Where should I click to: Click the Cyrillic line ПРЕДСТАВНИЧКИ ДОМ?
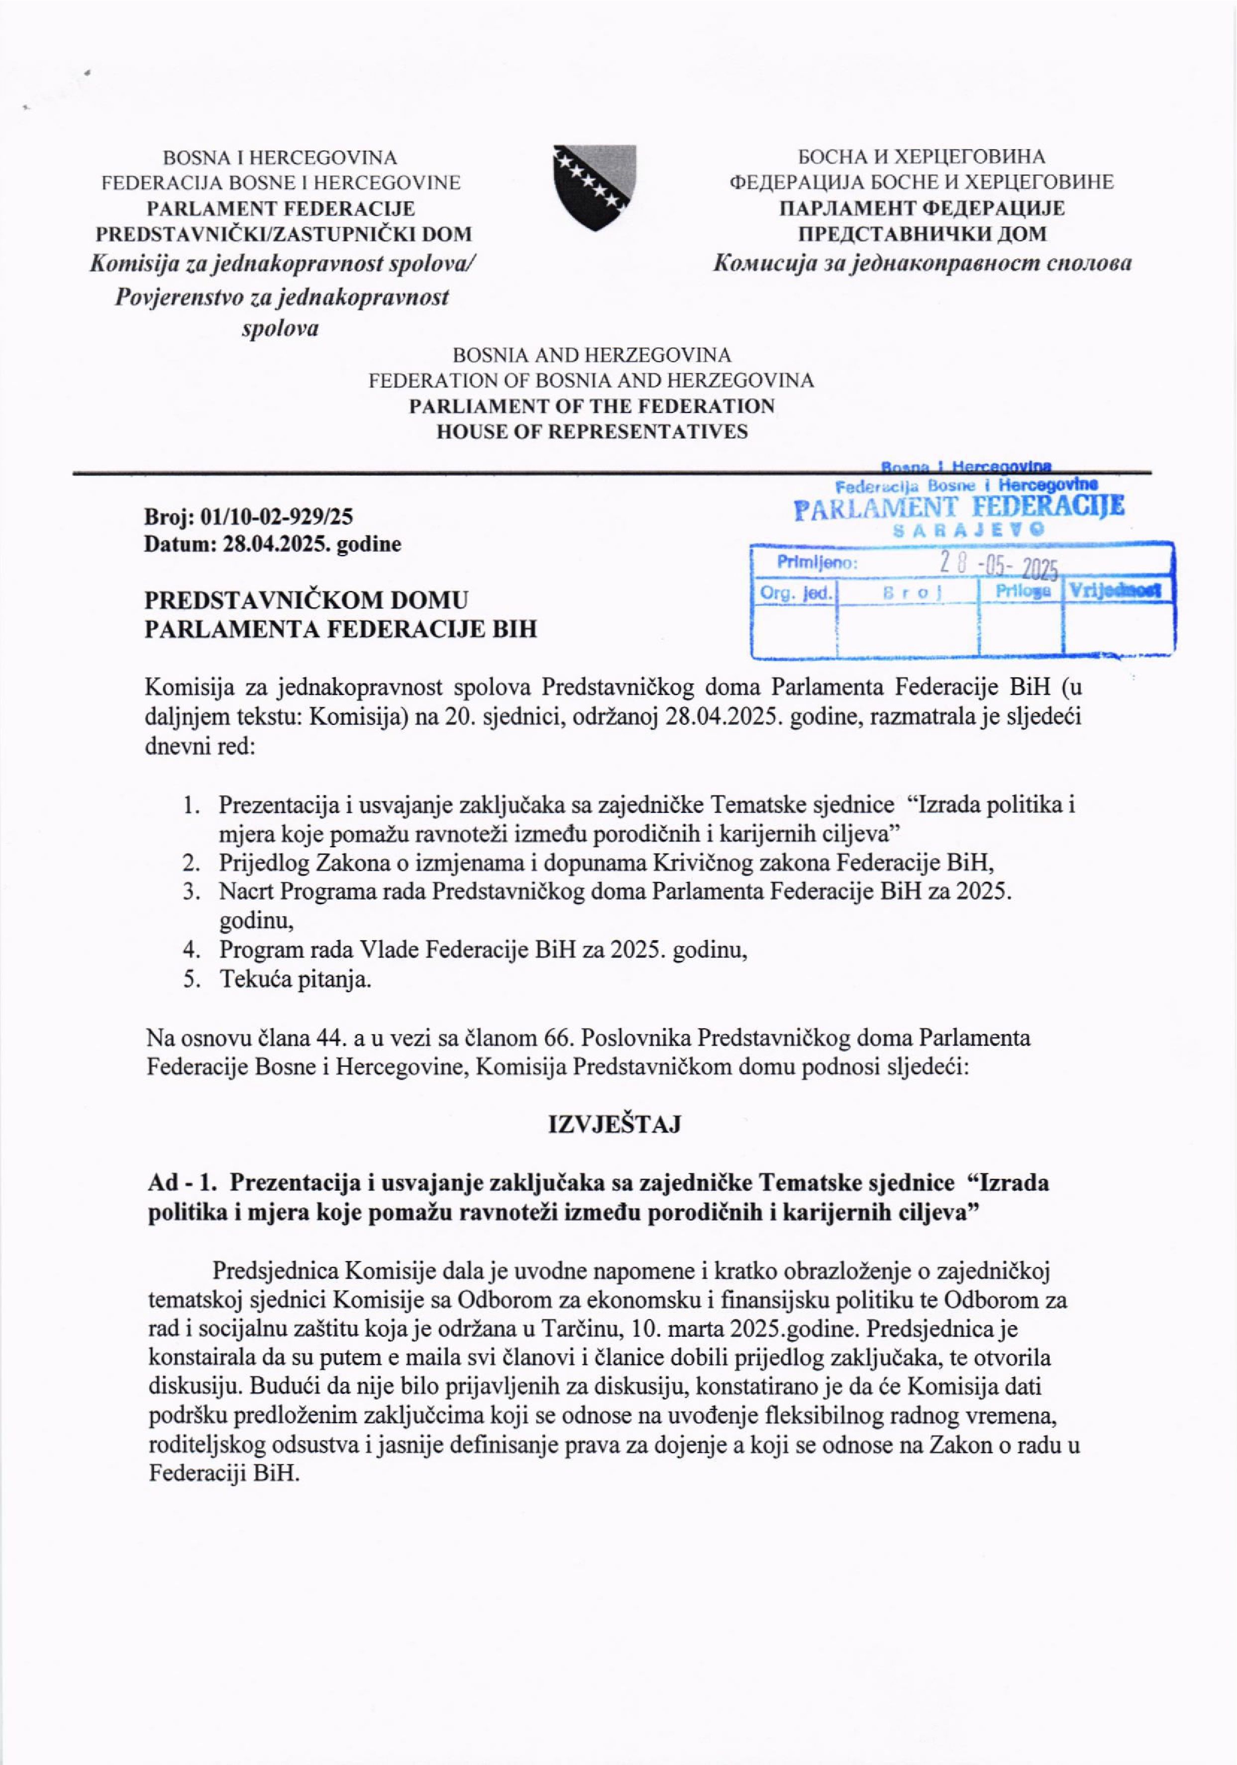pyautogui.click(x=923, y=234)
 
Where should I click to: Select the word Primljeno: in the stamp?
pyautogui.click(x=816, y=563)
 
